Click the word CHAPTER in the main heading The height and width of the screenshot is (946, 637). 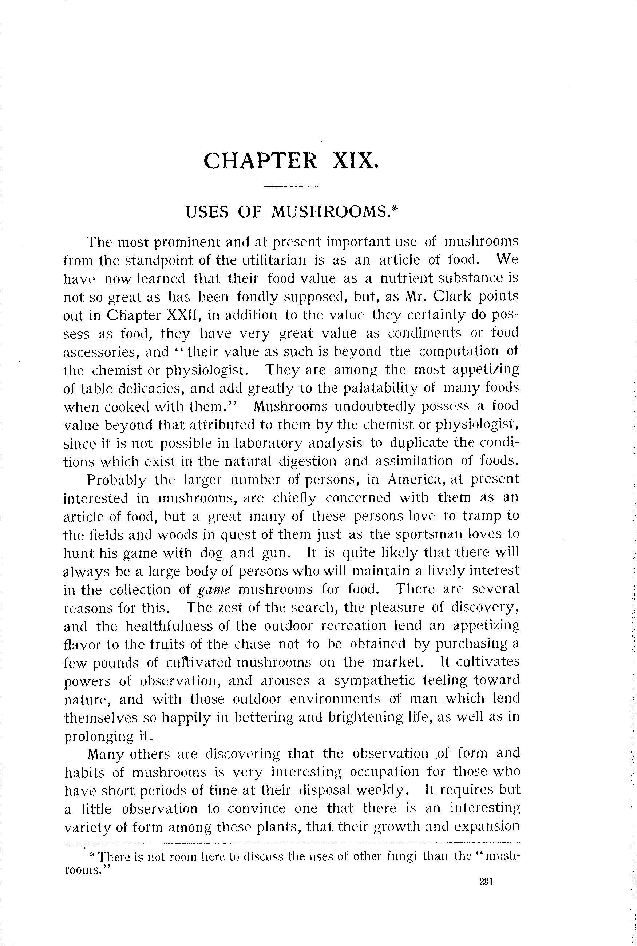[260, 160]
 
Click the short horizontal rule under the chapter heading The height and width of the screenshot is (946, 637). [291, 187]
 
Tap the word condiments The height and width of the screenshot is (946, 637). [424, 333]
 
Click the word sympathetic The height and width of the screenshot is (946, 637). [374, 681]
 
